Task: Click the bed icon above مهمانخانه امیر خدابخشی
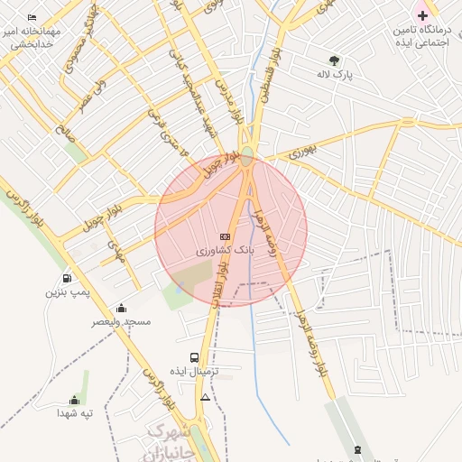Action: click(32, 17)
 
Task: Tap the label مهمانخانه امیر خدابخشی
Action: click(32, 37)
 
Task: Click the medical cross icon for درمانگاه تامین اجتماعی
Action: click(422, 15)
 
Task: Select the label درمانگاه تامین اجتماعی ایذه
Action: click(422, 37)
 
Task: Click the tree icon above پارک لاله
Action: click(335, 60)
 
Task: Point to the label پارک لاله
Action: click(335, 75)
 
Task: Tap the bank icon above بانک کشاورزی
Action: click(225, 236)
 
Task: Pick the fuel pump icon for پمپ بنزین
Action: click(67, 278)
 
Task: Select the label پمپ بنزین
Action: click(67, 292)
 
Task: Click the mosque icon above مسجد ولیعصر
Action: click(121, 309)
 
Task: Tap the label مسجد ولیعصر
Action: click(121, 322)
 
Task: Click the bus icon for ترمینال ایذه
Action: click(195, 357)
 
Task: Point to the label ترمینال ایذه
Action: click(195, 372)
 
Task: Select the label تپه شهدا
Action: click(74, 413)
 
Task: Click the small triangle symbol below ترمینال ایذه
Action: click(206, 397)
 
